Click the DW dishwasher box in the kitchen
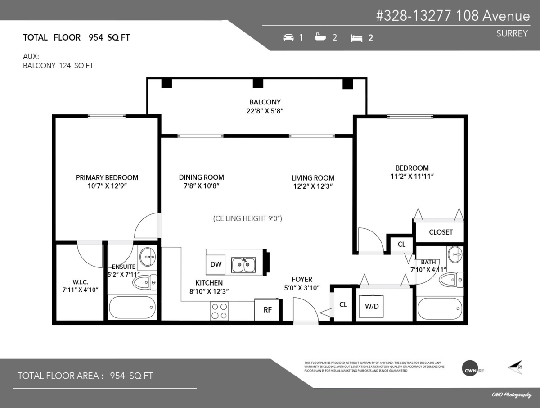pyautogui.click(x=216, y=264)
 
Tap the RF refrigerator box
pyautogui.click(x=267, y=310)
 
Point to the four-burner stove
pyautogui.click(x=220, y=311)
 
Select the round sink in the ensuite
pyautogui.click(x=147, y=258)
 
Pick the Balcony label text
pyautogui.click(x=265, y=102)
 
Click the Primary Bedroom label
pyautogui.click(x=107, y=177)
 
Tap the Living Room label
pyautogui.click(x=313, y=178)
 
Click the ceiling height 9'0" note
pyautogui.click(x=247, y=218)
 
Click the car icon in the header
pyautogui.click(x=288, y=37)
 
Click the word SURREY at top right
pyautogui.click(x=512, y=33)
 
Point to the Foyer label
pyautogui.click(x=301, y=279)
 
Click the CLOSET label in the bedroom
pyautogui.click(x=441, y=232)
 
